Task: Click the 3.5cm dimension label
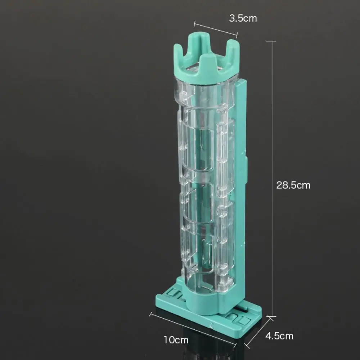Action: [243, 18]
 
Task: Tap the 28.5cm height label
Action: [293, 185]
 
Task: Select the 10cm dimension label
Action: [176, 340]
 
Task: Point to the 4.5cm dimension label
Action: [279, 336]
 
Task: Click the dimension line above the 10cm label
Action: [193, 329]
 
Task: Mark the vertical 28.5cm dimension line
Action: [272, 179]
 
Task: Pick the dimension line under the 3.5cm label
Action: [216, 29]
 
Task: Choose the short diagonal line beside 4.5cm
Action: [258, 332]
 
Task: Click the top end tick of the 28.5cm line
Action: [271, 41]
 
